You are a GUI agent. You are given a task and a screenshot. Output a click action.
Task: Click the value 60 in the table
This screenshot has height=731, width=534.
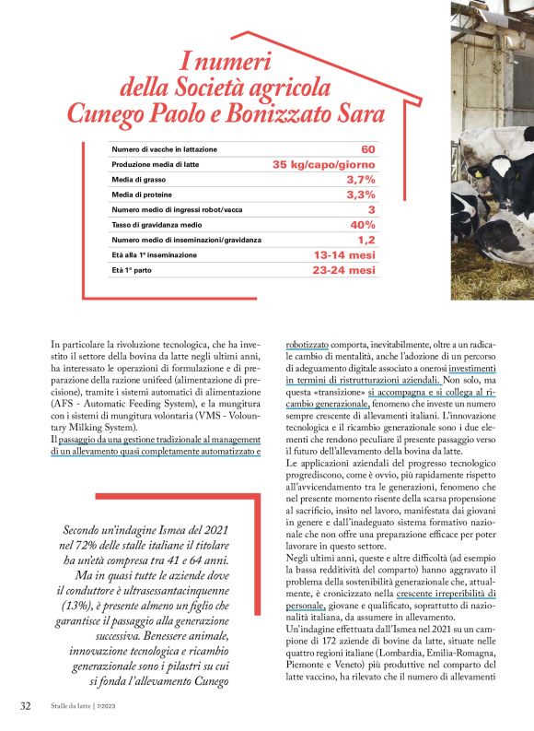click(367, 149)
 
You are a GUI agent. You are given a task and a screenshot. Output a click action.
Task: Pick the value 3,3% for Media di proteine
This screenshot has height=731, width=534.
click(360, 195)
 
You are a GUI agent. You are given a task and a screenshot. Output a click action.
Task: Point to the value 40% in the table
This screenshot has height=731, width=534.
click(363, 225)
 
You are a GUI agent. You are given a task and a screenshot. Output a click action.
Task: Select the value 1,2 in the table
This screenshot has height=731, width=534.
click(366, 240)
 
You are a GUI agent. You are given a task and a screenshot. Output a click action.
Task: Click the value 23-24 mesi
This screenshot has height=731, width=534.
click(344, 270)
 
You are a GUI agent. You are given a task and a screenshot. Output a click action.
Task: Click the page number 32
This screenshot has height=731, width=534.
click(27, 707)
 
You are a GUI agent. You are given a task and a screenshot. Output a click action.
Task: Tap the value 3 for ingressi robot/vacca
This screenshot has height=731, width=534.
click(371, 210)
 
